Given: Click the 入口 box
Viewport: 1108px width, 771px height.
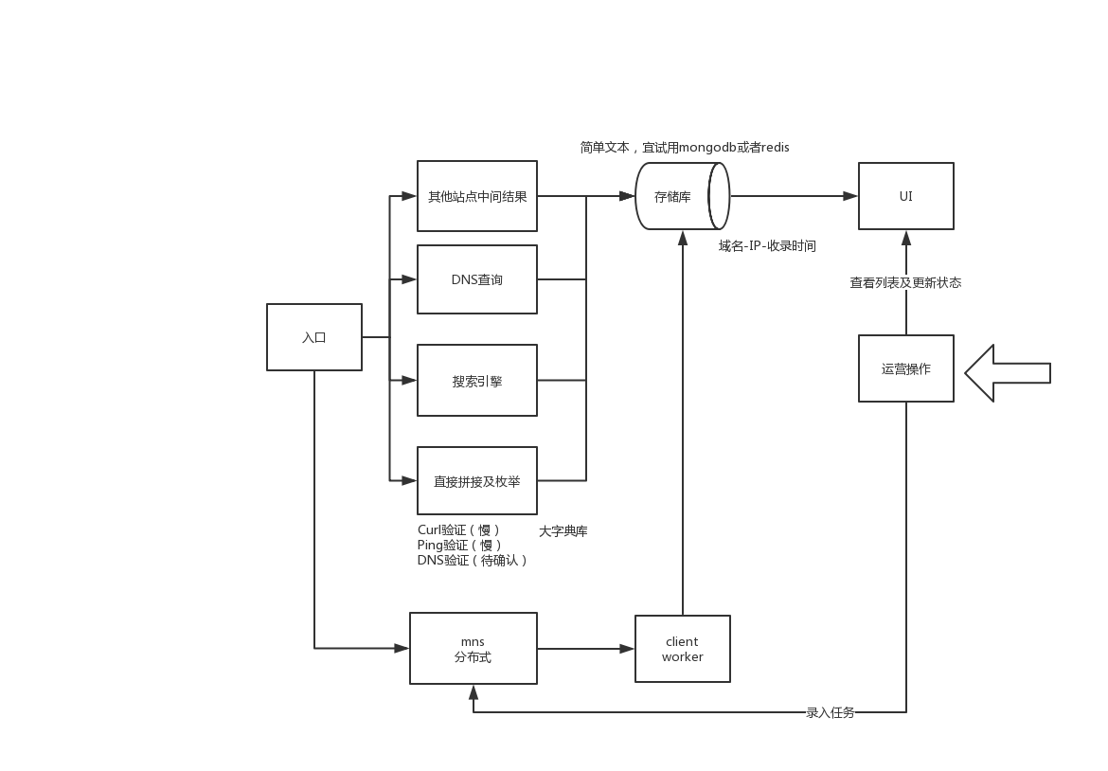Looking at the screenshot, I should pos(314,337).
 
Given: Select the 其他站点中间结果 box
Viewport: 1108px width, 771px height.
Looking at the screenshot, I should pos(477,196).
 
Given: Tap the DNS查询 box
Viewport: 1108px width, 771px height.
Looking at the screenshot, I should pos(477,279).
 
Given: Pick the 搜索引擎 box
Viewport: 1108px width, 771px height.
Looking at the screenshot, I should pos(477,381).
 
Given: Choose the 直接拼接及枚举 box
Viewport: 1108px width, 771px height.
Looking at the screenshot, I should pos(477,481).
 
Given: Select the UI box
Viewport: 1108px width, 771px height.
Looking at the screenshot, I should pos(905,196).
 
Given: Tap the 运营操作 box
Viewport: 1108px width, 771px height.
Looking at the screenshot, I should pos(905,368).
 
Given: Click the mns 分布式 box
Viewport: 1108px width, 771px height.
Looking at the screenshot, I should pos(474,649).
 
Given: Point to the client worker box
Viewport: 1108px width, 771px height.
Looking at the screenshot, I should pos(682,649).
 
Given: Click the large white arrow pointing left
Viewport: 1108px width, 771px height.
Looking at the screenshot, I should pos(1007,373).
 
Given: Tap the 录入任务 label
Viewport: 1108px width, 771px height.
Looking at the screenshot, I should pos(830,712).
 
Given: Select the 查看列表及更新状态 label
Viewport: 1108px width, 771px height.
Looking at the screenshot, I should pos(905,282).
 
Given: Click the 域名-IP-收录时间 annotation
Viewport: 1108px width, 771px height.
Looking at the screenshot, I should pos(767,246).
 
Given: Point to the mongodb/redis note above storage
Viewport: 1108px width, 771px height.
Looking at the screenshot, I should pos(685,148).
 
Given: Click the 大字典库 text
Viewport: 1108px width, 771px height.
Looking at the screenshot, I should pos(563,531).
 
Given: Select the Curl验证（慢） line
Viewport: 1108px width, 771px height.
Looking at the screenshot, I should pos(459,530).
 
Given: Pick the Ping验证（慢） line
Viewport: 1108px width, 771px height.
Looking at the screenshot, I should pos(460,546).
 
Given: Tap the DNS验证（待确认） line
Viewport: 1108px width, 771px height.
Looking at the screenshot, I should pos(473,561).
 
